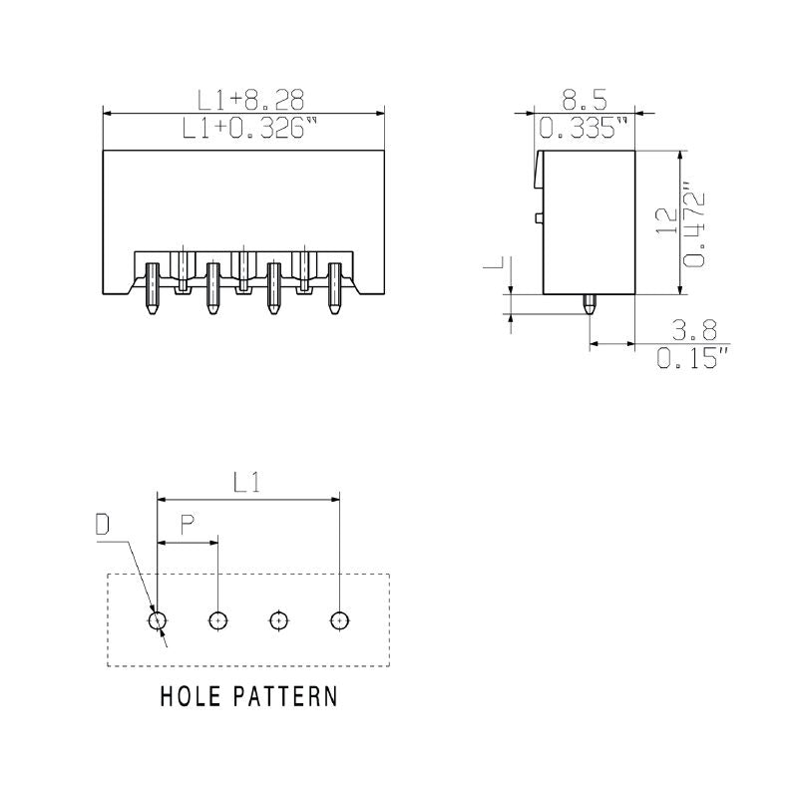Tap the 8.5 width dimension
click(x=584, y=99)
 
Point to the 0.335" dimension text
click(x=584, y=129)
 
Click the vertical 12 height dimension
click(x=667, y=221)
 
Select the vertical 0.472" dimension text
click(x=695, y=224)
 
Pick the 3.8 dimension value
click(x=693, y=330)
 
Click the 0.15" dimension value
click(x=693, y=358)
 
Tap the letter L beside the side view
click(x=494, y=264)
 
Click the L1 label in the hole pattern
click(x=247, y=483)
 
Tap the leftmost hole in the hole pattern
click(x=158, y=620)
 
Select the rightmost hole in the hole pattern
click(x=340, y=620)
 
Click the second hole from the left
click(x=218, y=620)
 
